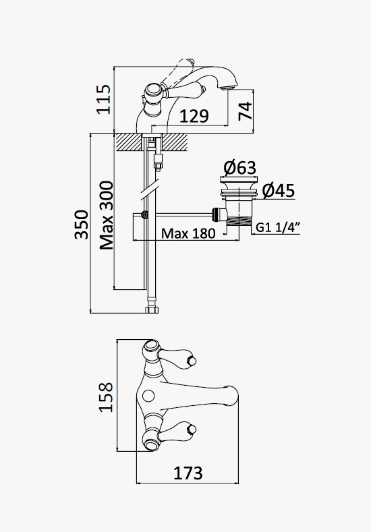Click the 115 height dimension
click(x=103, y=99)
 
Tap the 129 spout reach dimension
click(x=194, y=116)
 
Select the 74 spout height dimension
click(x=246, y=111)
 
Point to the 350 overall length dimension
click(x=82, y=225)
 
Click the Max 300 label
click(x=107, y=216)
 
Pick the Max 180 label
click(x=188, y=233)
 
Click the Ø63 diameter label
click(x=240, y=168)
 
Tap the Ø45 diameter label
click(x=279, y=191)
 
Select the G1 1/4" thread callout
click(x=278, y=227)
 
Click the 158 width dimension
click(x=106, y=397)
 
